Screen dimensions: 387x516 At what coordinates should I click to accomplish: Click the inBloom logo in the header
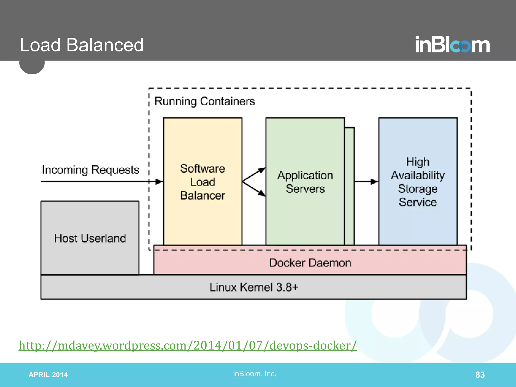pos(452,45)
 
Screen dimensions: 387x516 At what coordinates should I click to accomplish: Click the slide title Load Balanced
pos(81,45)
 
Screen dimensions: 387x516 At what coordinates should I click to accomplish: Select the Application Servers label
pos(305,182)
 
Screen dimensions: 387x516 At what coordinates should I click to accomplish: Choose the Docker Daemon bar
pos(310,263)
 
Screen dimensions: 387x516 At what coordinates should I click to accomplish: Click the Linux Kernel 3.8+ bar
pos(253,287)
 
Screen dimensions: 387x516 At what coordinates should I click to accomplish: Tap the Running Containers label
pos(205,101)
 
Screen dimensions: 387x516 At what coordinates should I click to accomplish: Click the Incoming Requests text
pos(90,170)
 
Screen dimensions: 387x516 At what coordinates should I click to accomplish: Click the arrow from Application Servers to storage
pos(366,181)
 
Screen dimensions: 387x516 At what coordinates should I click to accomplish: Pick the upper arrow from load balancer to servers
pos(254,174)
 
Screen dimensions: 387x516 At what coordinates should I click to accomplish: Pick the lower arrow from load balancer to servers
pos(254,188)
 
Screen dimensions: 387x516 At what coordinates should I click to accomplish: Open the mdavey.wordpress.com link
pos(188,345)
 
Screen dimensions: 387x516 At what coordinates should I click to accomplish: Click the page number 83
pos(480,375)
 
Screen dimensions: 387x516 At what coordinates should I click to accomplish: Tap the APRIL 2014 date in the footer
pos(48,375)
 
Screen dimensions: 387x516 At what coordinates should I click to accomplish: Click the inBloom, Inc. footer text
pos(255,374)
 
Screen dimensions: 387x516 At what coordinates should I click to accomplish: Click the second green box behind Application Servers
pos(350,186)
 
